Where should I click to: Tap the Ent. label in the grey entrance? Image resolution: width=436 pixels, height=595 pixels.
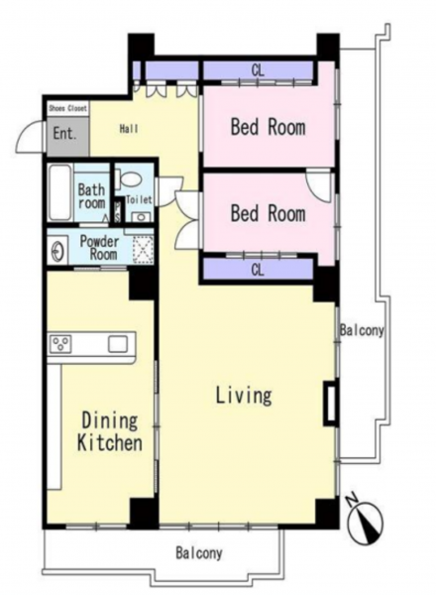(x=64, y=134)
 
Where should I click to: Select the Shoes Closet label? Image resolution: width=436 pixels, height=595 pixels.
(x=67, y=108)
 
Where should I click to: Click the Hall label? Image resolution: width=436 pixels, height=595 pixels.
(x=129, y=129)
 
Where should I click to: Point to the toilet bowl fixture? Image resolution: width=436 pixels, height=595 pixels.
(x=128, y=178)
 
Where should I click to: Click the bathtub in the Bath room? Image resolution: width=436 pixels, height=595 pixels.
(x=59, y=192)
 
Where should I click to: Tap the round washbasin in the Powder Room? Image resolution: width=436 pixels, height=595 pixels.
(x=58, y=251)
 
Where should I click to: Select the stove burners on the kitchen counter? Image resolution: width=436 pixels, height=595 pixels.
(x=60, y=344)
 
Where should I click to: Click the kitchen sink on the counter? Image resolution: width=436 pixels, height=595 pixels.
(x=118, y=344)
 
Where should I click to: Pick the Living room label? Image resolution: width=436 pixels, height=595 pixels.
(x=244, y=395)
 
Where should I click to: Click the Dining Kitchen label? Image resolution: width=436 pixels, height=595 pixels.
(x=110, y=431)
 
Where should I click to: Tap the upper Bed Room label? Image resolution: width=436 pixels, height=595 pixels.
(x=269, y=127)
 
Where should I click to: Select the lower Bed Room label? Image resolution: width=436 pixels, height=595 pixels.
(x=269, y=213)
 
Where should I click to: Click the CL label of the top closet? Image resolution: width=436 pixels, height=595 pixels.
(x=258, y=70)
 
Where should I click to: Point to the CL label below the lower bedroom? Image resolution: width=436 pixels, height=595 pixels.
(x=258, y=270)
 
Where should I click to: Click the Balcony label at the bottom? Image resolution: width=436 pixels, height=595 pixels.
(x=198, y=553)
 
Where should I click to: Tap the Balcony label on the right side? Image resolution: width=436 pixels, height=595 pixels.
(x=362, y=330)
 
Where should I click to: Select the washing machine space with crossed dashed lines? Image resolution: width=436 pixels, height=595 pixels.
(x=143, y=250)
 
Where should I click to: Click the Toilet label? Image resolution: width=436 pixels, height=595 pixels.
(x=139, y=199)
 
